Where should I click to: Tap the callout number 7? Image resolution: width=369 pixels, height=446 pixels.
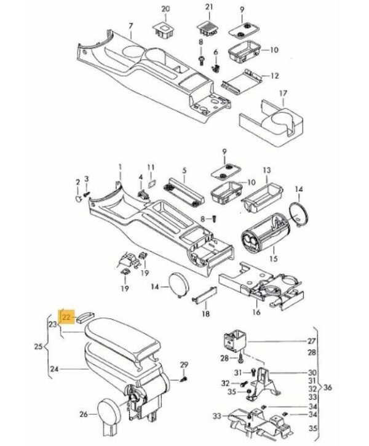pos(130,25)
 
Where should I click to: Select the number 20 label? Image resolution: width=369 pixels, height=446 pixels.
pos(165,9)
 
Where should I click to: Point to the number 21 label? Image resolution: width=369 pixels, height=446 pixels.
pos(208,8)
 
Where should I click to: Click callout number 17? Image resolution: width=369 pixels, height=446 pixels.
pos(284,94)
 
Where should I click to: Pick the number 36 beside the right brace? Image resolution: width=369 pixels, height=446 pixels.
pos(327,388)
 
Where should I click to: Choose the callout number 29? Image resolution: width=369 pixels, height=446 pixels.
pos(183,366)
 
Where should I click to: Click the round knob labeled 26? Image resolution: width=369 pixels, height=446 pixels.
pos(111,409)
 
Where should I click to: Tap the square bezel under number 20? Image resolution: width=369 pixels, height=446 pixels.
pos(164,28)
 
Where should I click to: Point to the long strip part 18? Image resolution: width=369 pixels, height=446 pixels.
pos(204,297)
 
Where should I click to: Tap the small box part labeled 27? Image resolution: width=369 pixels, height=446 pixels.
pos(234,339)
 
